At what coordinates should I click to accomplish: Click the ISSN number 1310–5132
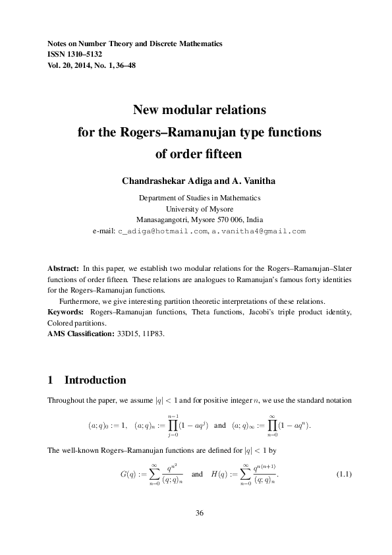click(88, 54)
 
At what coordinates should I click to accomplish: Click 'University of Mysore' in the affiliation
click(196, 209)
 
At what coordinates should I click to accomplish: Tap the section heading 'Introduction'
click(95, 381)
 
